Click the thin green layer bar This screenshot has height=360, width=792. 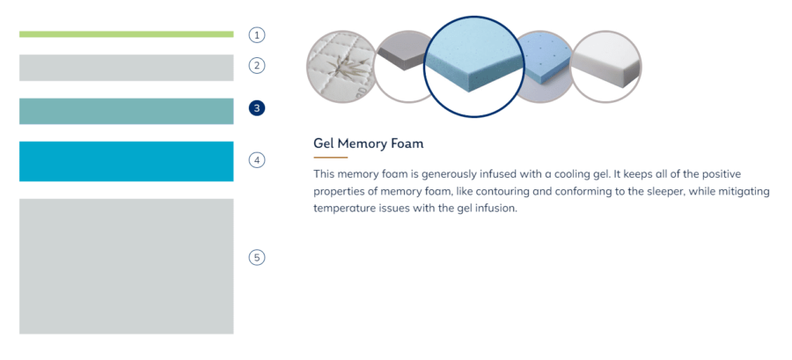tap(126, 34)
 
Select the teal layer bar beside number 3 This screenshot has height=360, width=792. tap(126, 111)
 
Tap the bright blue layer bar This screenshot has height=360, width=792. tap(126, 161)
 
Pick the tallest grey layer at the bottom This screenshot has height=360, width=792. tap(126, 266)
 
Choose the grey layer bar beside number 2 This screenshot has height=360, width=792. tap(126, 68)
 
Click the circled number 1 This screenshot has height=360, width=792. tap(257, 35)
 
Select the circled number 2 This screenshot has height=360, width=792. tap(257, 65)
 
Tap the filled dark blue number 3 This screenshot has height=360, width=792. tap(257, 108)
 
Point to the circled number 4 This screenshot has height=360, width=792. tap(257, 160)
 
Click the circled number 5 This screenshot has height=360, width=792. tap(257, 258)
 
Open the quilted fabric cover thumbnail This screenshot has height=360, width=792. tap(341, 67)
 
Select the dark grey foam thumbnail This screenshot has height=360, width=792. tap(401, 67)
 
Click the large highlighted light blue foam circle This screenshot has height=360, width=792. tap(473, 67)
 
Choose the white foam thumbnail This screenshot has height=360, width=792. tap(605, 67)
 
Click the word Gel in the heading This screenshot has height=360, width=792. tap(324, 143)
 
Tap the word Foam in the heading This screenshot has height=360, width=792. tap(407, 143)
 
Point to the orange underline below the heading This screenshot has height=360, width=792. tap(330, 158)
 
